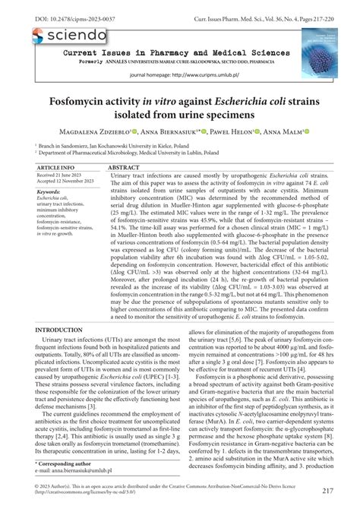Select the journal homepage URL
coord(205,76)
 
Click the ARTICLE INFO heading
coord(56,166)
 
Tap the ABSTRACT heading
coord(128,166)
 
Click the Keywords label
coord(49,192)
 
